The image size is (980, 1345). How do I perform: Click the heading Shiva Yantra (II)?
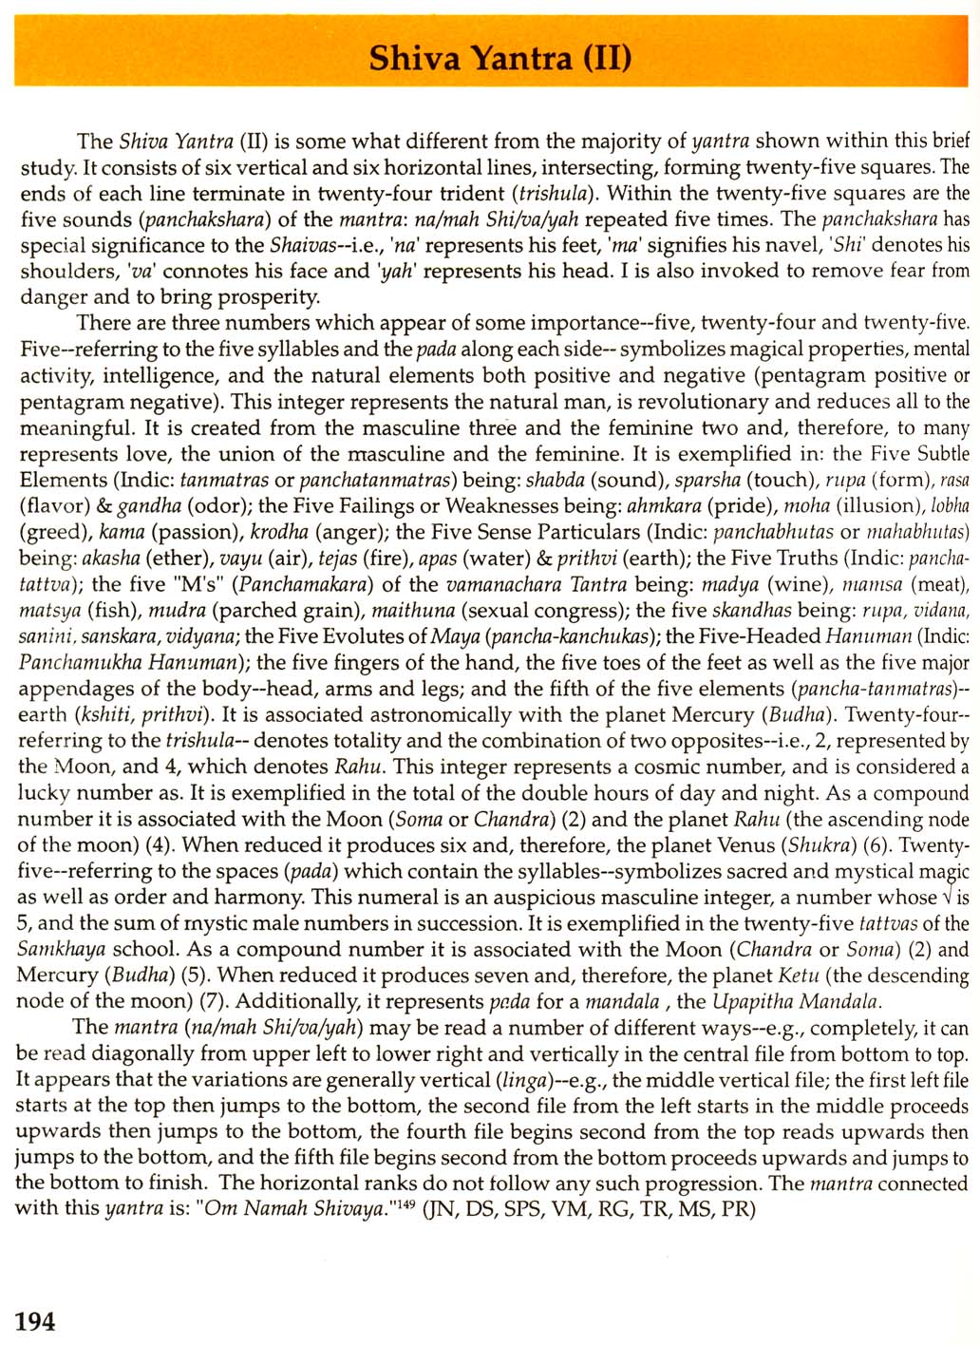point(499,58)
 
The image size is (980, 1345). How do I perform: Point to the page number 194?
point(35,1320)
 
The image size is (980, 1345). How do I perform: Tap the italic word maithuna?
point(410,611)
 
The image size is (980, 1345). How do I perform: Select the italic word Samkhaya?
point(62,949)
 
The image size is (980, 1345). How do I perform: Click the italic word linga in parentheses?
point(520,1080)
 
